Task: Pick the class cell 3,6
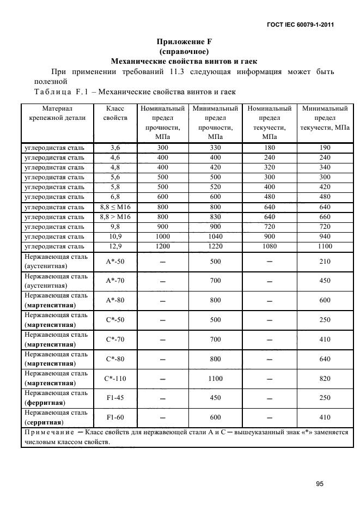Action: point(115,147)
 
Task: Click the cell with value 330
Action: point(215,147)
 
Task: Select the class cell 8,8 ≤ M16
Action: point(115,207)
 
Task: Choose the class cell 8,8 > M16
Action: point(115,216)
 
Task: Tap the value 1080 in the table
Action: point(270,246)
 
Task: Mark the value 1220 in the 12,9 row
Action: point(215,246)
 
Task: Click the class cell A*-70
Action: point(115,281)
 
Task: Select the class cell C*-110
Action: point(115,378)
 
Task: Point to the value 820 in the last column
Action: point(325,378)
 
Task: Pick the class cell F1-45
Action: point(115,398)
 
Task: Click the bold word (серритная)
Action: point(44,422)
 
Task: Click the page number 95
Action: point(320,483)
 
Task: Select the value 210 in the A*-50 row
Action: point(325,262)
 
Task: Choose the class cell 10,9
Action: point(115,236)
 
